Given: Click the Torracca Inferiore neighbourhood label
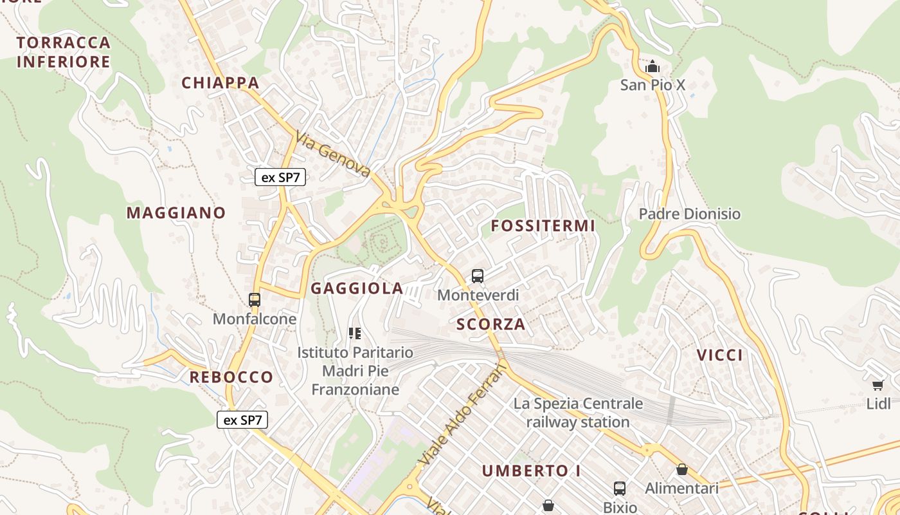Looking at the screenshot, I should tap(64, 52).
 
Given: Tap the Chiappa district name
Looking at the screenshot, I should tap(221, 82).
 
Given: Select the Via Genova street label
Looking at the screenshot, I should tap(333, 154).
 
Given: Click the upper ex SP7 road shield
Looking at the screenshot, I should tap(280, 178).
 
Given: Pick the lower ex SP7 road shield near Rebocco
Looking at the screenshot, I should tap(242, 420).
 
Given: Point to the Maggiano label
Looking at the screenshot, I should tap(176, 212).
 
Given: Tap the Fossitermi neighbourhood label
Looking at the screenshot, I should tap(543, 226).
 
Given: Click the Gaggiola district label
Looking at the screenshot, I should tap(357, 288).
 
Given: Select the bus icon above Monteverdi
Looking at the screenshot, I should tap(478, 276).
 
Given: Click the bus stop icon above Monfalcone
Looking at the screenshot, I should tap(255, 299).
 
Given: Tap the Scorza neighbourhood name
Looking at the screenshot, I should tap(491, 324).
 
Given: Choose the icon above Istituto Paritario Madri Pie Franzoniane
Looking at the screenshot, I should tap(355, 333).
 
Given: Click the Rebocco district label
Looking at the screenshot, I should tap(231, 377).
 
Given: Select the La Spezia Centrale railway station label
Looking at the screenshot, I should tap(578, 413).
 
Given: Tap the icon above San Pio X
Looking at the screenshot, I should tap(652, 66).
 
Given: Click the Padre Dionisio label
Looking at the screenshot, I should tap(690, 214).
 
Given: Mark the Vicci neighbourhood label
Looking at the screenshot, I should tap(720, 355).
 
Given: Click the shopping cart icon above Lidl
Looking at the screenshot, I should tap(878, 385).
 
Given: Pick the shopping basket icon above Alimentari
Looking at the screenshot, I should tap(682, 469).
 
